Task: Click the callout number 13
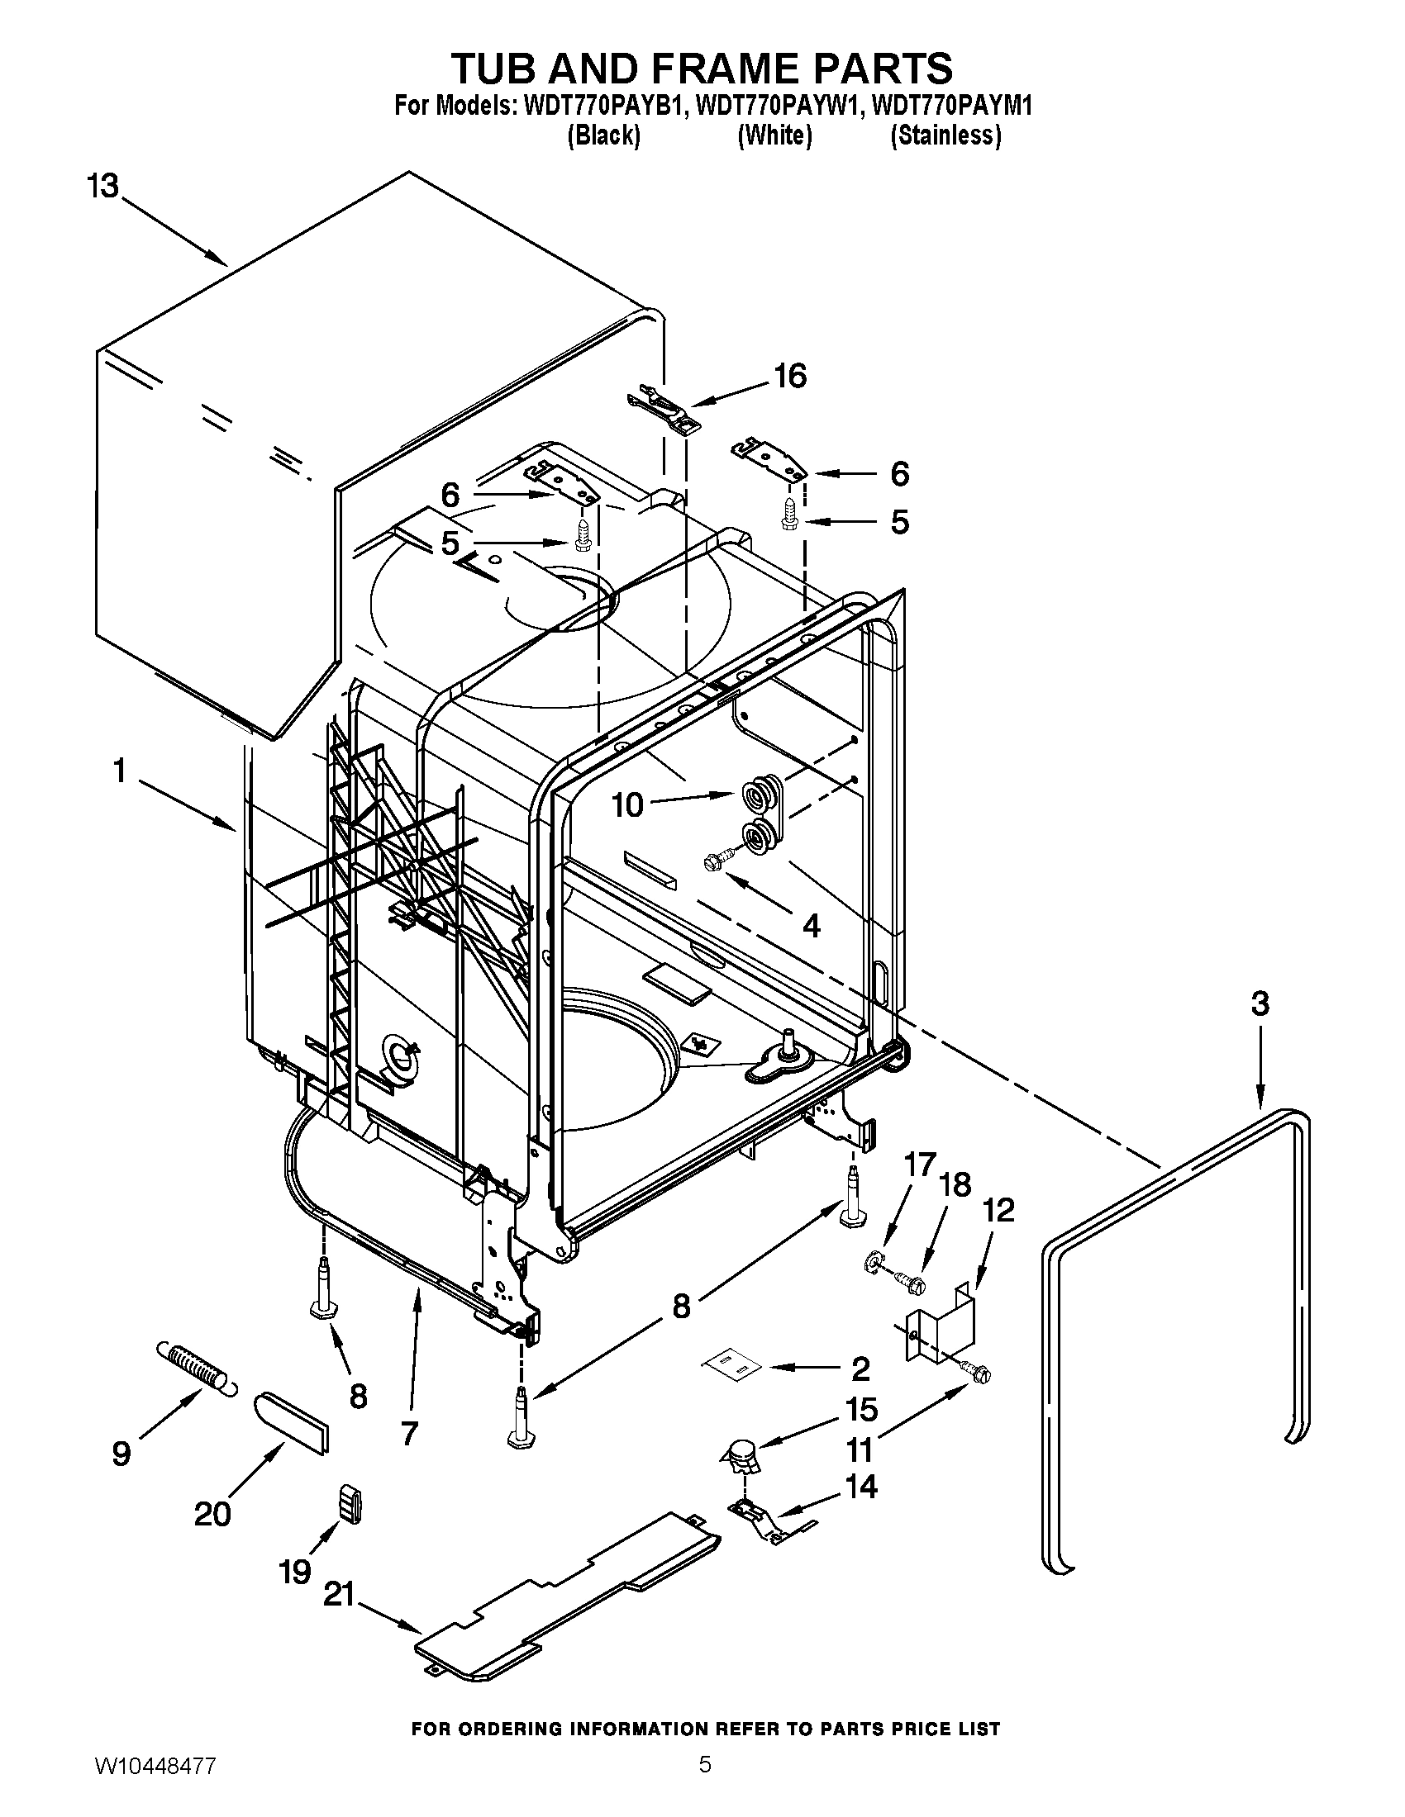pos(104,187)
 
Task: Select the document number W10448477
pos(155,1782)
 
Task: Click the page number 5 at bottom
pos(704,1781)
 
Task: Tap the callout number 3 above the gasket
pos(1260,1004)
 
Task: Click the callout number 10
pos(628,804)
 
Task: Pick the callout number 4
pos(811,925)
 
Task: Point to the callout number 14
pos(861,1485)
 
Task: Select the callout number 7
pos(408,1434)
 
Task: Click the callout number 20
pos(212,1513)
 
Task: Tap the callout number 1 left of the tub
pos(120,771)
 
